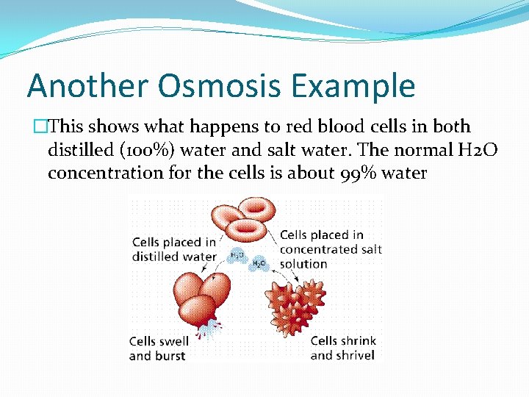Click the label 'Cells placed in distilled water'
(174, 249)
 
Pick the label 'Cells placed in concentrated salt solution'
(331, 249)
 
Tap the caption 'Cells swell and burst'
(159, 348)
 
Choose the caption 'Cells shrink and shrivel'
(343, 348)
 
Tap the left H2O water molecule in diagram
(237, 255)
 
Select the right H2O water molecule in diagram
(259, 263)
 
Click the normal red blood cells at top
(242, 219)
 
